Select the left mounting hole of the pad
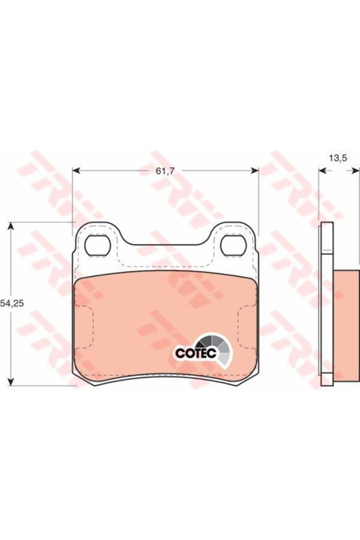pos(97,245)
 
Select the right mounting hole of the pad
pos(233,245)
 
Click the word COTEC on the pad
pos(196,353)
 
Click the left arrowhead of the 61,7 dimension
pos(76,171)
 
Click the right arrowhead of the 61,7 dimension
pos(254,171)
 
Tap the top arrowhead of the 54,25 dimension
pos(11,226)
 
